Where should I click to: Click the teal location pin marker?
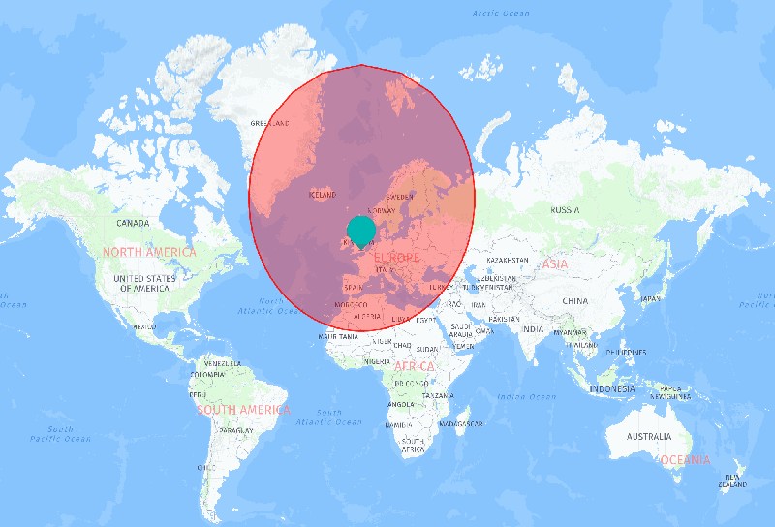tap(360, 231)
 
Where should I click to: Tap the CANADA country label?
tap(133, 223)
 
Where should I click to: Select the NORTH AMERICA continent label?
tap(149, 252)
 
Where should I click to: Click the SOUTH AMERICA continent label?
tap(243, 410)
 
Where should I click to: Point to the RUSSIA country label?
tap(565, 210)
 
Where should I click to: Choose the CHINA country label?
tap(574, 300)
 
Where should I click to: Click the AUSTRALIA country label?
tap(648, 436)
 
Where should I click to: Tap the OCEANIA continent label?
tap(685, 459)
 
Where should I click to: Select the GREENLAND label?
tap(270, 124)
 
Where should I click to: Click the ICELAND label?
tap(323, 195)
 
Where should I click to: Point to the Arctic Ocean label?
tap(501, 13)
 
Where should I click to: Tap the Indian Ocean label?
tap(526, 396)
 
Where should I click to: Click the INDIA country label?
tap(533, 329)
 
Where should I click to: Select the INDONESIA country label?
tap(612, 388)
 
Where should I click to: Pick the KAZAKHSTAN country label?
tap(508, 260)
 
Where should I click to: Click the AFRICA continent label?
tap(415, 367)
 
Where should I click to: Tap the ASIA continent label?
tap(555, 263)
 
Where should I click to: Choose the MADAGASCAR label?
tap(460, 423)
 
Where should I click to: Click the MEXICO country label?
tap(144, 326)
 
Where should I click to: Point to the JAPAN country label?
tap(650, 298)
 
